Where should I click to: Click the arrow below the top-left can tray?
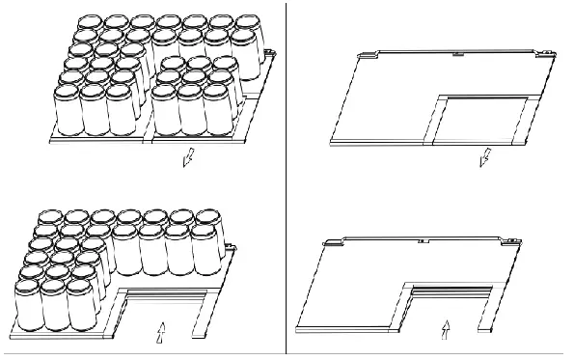coord(189,156)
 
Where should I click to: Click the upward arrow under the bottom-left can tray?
coord(162,333)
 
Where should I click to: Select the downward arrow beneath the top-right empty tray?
coord(485,156)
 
